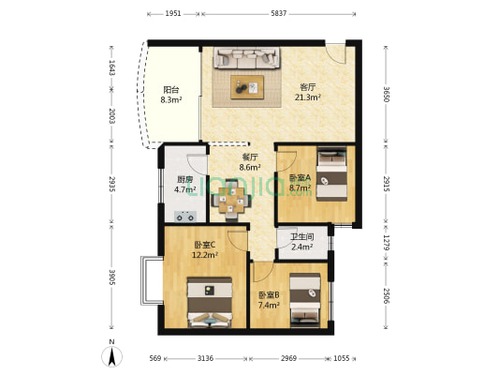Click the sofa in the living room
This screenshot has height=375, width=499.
pyautogui.click(x=248, y=59)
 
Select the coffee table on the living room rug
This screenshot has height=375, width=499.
pyautogui.click(x=248, y=87)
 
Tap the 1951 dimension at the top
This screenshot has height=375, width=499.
pyautogui.click(x=173, y=14)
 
